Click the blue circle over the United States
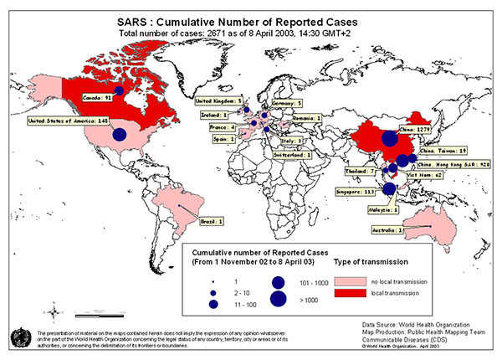click(x=119, y=134)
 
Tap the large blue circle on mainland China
click(x=389, y=140)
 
